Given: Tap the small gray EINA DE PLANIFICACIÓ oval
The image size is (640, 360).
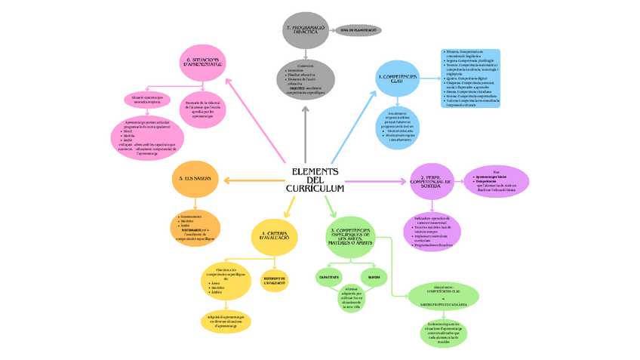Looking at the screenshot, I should pyautogui.click(x=358, y=30).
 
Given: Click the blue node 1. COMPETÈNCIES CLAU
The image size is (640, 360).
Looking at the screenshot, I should pyautogui.click(x=397, y=78).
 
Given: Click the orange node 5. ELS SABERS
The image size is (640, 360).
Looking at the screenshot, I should pyautogui.click(x=195, y=179).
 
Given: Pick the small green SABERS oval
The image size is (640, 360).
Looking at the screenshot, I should pyautogui.click(x=374, y=276).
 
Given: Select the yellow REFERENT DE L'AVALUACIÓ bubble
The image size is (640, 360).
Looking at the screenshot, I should pyautogui.click(x=275, y=281).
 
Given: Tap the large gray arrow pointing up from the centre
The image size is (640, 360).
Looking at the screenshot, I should pyautogui.click(x=306, y=136).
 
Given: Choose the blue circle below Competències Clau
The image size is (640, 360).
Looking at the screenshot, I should pyautogui.click(x=400, y=127).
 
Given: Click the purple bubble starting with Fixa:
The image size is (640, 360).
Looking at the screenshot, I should pyautogui.click(x=496, y=181).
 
